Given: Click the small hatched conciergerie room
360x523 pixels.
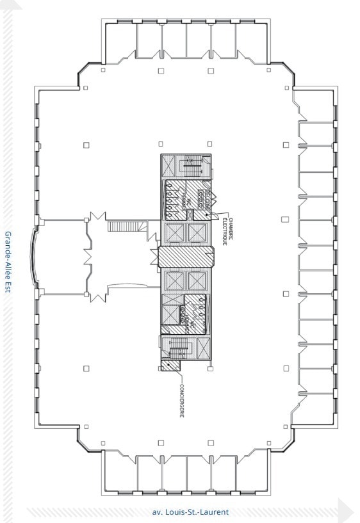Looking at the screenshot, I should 170,366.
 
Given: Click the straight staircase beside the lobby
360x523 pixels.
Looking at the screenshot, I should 119,226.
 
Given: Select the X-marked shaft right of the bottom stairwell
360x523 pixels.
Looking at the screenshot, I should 203,348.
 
